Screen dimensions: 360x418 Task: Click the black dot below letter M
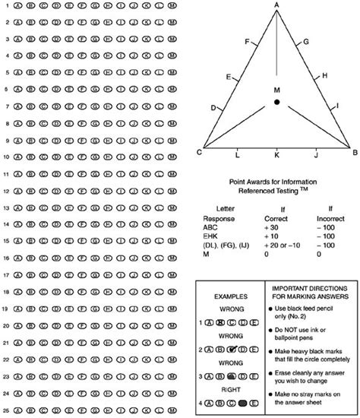[277, 102]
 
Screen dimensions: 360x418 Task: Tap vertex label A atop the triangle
[276, 5]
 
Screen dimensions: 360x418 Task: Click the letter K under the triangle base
[276, 154]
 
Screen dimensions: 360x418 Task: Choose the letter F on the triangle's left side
[247, 41]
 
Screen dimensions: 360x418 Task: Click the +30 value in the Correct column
[272, 226]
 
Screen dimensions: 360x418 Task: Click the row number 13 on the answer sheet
[5, 207]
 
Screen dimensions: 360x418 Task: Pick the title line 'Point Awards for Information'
[276, 182]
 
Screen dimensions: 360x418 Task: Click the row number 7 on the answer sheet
[6, 106]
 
